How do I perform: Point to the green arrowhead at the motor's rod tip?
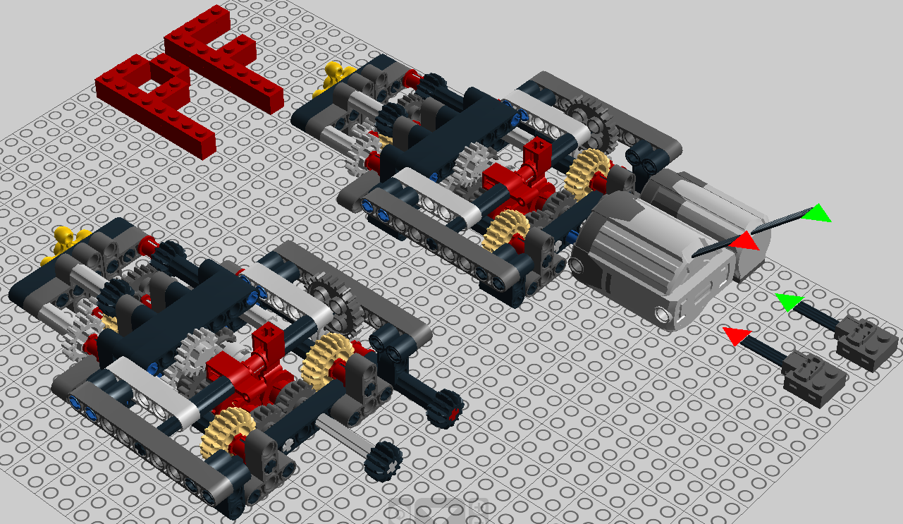pos(816,214)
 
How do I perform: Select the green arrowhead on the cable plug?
pos(789,302)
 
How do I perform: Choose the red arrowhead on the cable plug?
pos(737,335)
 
